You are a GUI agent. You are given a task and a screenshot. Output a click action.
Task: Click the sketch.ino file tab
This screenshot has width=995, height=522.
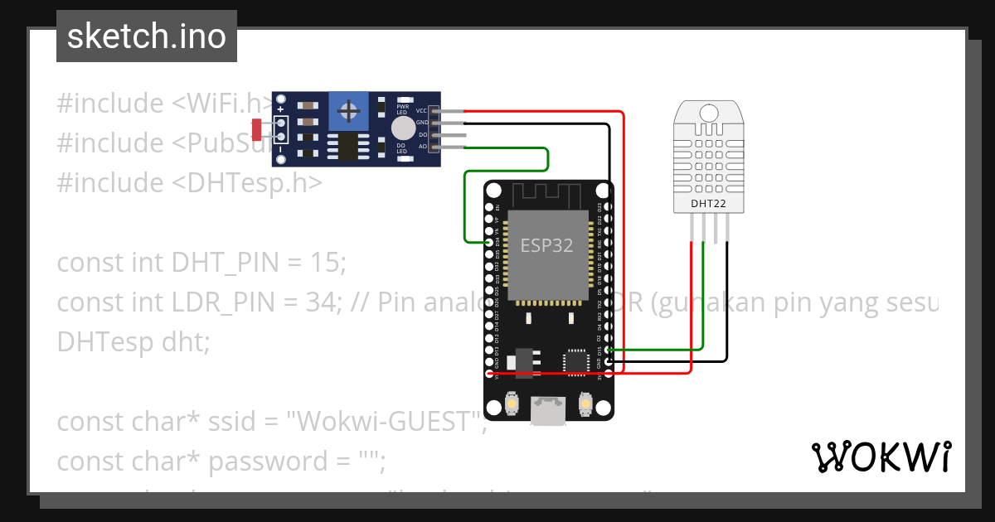click(x=147, y=36)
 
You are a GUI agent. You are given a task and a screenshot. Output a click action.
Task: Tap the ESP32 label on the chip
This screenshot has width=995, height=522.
click(x=546, y=245)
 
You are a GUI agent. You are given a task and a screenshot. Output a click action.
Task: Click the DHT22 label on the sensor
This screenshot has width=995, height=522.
click(x=708, y=202)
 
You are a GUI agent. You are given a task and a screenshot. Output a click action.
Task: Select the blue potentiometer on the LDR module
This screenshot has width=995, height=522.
click(x=350, y=111)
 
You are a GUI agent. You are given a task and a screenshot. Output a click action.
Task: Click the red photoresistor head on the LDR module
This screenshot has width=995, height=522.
click(x=256, y=128)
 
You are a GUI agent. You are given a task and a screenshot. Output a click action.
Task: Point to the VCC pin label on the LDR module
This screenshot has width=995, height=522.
click(x=421, y=110)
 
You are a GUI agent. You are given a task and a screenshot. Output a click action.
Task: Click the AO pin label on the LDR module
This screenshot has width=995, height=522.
click(x=422, y=147)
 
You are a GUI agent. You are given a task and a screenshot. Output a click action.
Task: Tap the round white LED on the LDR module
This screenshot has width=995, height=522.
click(x=403, y=128)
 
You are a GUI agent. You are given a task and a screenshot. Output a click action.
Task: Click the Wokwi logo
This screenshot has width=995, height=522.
click(x=881, y=457)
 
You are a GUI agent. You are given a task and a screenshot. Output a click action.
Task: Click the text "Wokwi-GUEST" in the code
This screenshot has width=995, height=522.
click(x=386, y=422)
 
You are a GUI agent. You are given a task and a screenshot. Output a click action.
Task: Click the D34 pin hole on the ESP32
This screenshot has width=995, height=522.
click(x=489, y=242)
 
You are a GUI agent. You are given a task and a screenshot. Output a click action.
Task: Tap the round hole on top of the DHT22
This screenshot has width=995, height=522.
click(x=708, y=111)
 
